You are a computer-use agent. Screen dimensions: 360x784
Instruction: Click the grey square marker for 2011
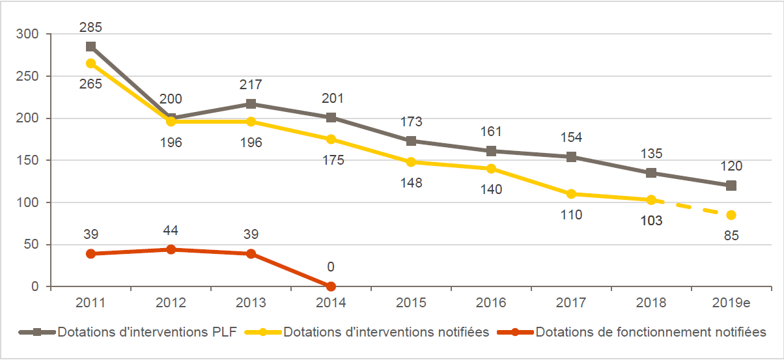[x=91, y=47]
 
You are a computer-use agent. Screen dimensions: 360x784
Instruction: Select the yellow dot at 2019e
[x=731, y=215]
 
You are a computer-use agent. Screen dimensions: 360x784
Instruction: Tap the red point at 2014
[x=331, y=286]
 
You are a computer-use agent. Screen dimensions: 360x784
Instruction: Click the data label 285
[x=91, y=28]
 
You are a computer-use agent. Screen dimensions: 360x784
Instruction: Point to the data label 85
[x=731, y=236]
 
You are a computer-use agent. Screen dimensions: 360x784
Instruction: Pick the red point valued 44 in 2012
[x=171, y=249]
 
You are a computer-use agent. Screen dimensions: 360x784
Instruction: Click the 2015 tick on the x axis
[x=411, y=303]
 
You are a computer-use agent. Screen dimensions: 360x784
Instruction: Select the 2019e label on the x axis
[x=731, y=303]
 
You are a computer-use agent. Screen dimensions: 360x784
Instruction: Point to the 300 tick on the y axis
[x=30, y=34]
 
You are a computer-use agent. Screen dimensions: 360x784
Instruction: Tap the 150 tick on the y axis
[x=30, y=160]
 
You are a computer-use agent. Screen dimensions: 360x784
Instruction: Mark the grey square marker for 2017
[x=571, y=157]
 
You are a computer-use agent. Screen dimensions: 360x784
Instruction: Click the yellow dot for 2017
[x=571, y=194]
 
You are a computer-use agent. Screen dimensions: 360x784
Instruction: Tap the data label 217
[x=251, y=85]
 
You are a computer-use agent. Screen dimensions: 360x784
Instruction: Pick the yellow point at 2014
[x=331, y=139]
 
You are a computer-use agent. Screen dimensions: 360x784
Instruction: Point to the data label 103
[x=651, y=221]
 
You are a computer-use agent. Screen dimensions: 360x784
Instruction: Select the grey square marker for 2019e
[x=731, y=186]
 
